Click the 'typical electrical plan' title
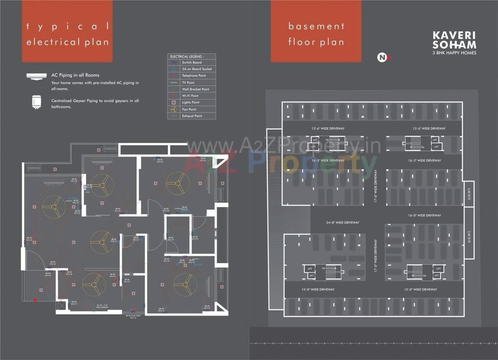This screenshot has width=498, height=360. [x=67, y=34]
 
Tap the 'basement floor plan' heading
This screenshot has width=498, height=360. [x=316, y=34]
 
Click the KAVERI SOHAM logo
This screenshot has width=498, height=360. [x=454, y=40]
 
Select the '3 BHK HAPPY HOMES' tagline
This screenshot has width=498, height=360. [x=454, y=53]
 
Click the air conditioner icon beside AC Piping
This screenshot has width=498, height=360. [x=37, y=76]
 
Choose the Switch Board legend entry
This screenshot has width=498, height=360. [x=191, y=62]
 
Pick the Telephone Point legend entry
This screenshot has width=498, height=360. [x=194, y=76]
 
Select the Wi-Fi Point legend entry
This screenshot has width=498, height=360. [x=190, y=96]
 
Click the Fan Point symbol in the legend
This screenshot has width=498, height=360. [x=174, y=109]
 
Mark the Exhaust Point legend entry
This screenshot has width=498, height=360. [x=192, y=116]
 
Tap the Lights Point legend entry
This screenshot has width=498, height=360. [x=191, y=102]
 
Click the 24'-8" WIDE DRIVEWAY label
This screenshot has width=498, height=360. [x=342, y=223]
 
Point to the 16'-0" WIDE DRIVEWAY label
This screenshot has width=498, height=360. [x=424, y=216]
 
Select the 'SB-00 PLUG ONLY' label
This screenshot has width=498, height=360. [x=133, y=316]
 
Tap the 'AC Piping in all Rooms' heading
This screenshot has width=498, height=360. [x=75, y=75]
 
